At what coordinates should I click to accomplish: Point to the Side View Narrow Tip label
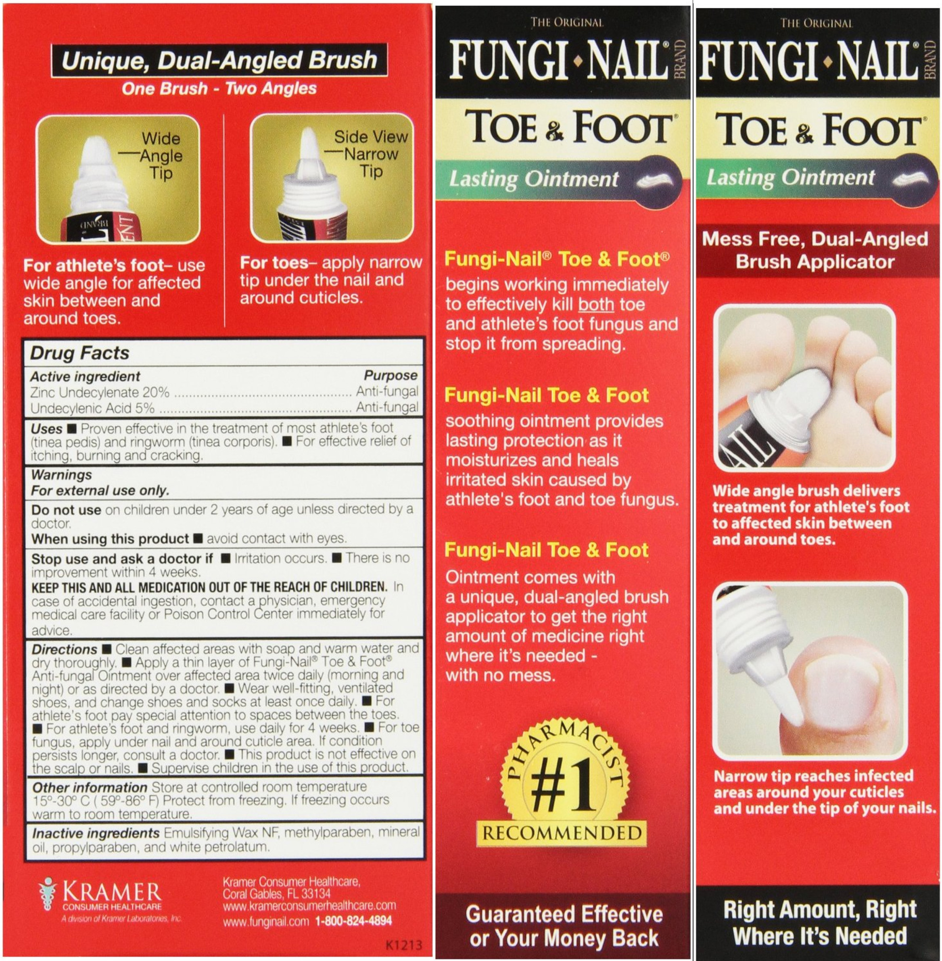371,153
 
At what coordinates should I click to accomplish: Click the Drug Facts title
79,353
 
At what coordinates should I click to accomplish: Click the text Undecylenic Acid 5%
92,408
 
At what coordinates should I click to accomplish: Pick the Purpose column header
391,376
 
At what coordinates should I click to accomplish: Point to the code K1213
404,945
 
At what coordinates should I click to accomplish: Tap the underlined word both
596,304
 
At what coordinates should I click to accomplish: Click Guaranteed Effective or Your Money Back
564,926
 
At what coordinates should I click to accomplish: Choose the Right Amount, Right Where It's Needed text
820,922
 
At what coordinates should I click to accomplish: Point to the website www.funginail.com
266,921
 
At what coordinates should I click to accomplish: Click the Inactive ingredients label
96,834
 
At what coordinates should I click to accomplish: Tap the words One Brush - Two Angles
219,89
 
